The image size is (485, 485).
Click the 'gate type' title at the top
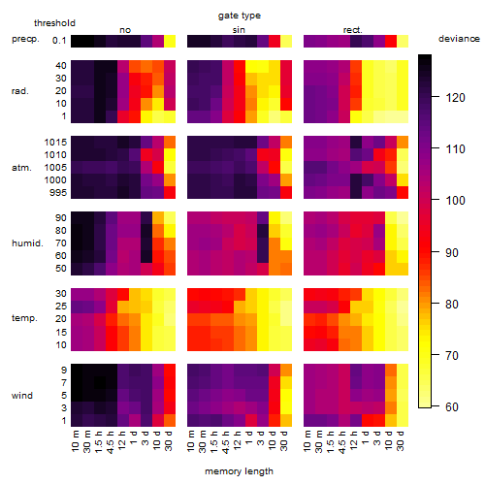point(240,16)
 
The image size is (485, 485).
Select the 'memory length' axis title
point(239,471)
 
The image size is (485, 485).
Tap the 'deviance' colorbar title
point(459,39)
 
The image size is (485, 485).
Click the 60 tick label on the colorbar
point(452,406)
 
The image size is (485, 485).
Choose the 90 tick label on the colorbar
point(452,252)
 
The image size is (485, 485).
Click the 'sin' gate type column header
point(239,30)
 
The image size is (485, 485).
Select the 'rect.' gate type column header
point(353,30)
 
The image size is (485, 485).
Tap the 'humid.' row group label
point(27,243)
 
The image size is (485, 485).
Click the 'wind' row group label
point(22,395)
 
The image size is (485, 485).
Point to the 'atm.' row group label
point(21,168)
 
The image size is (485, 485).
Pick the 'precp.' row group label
point(25,39)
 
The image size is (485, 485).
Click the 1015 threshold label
point(55,142)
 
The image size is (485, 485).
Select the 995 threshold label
point(58,192)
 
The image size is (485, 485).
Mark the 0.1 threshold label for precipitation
point(59,41)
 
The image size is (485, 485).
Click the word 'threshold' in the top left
point(54,23)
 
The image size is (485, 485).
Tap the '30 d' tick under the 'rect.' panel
point(401,440)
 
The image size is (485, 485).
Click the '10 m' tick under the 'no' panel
point(75,441)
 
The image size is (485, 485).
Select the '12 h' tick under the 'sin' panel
point(237,440)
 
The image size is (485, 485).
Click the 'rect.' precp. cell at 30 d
point(403,41)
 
